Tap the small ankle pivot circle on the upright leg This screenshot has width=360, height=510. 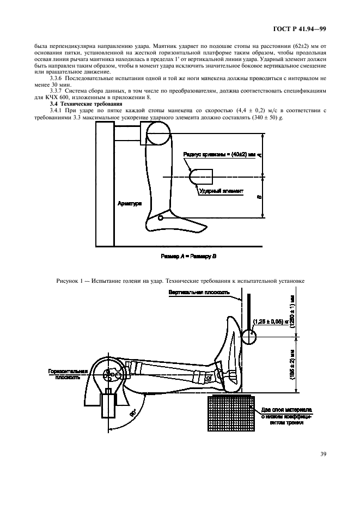160,218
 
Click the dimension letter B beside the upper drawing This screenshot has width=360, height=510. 258,197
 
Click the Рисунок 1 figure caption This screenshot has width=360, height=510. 180,280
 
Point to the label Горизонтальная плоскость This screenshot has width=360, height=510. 65,373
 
